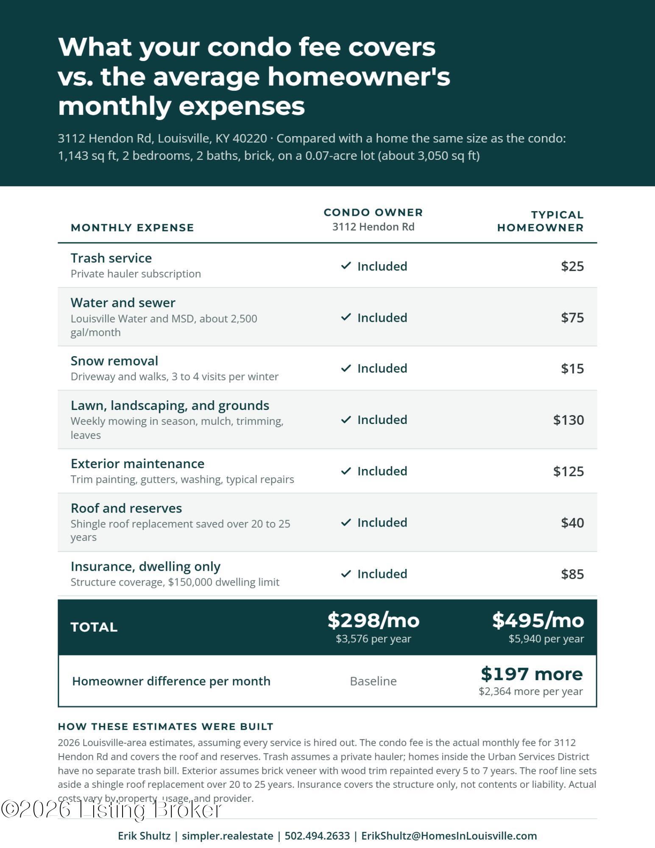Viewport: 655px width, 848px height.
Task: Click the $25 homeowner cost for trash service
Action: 572,266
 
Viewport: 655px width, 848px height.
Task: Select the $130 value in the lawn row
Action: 569,420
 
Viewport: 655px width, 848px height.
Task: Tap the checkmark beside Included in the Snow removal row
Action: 346,368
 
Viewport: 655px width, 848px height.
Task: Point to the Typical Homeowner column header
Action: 540,221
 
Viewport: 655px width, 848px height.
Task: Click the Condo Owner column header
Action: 373,212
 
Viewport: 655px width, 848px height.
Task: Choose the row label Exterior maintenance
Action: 137,463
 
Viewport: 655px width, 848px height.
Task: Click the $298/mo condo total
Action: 373,620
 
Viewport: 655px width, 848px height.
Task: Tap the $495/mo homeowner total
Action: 538,620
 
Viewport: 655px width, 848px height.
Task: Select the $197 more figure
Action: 532,674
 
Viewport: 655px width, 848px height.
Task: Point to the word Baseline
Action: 373,681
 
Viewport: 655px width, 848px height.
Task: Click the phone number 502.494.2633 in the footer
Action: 317,836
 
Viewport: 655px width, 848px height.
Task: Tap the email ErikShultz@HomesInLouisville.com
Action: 449,836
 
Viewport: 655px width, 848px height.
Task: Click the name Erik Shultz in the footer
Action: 144,836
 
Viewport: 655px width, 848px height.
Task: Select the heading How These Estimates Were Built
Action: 165,726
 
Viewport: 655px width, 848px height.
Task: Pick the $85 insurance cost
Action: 572,574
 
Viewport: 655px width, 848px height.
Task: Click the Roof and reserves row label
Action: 126,508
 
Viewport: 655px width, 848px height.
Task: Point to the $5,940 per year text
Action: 546,639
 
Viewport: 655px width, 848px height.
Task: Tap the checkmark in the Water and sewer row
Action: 346,317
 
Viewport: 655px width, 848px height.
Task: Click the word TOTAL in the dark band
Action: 94,627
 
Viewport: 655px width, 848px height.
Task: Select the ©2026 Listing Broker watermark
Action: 111,809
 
